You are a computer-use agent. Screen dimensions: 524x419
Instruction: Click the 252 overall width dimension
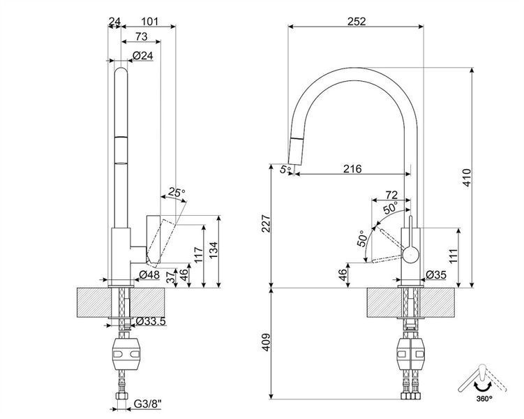pyautogui.click(x=357, y=22)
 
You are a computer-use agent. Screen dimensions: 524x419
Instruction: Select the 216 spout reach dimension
pyautogui.click(x=352, y=168)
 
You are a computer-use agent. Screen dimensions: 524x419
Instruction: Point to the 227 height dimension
pyautogui.click(x=266, y=223)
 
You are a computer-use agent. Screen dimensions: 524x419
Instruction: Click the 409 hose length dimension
pyautogui.click(x=266, y=342)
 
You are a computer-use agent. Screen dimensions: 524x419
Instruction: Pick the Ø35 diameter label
pyautogui.click(x=436, y=275)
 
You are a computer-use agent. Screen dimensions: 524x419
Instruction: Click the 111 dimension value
pyautogui.click(x=453, y=256)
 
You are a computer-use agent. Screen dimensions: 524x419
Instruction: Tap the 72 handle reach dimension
pyautogui.click(x=391, y=195)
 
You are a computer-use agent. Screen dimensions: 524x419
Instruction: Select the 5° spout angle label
pyautogui.click(x=286, y=169)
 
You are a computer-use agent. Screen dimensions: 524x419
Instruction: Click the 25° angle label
pyautogui.click(x=177, y=192)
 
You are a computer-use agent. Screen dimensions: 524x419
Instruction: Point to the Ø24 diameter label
pyautogui.click(x=143, y=55)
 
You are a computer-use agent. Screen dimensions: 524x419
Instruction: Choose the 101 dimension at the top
pyautogui.click(x=149, y=22)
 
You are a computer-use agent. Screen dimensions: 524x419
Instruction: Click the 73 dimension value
pyautogui.click(x=142, y=36)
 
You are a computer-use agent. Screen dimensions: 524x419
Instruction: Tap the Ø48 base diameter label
pyautogui.click(x=149, y=274)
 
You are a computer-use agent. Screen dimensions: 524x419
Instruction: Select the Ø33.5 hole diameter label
pyautogui.click(x=151, y=321)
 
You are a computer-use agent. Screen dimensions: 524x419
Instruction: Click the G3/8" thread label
pyautogui.click(x=147, y=404)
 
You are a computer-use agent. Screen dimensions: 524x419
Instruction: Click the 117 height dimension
pyautogui.click(x=198, y=255)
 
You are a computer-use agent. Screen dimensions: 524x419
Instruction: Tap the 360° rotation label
pyautogui.click(x=484, y=398)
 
